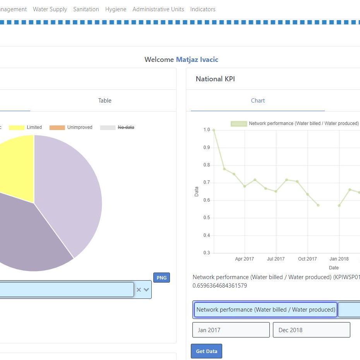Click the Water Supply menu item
[x=50, y=9]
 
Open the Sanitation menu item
[x=86, y=9]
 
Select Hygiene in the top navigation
[x=116, y=9]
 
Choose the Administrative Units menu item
[x=158, y=9]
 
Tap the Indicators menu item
[x=203, y=9]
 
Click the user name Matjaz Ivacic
[x=197, y=60]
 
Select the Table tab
[x=105, y=101]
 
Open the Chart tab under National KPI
[x=258, y=101]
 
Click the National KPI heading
[x=215, y=79]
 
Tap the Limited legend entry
[x=34, y=127]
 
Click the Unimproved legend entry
[x=80, y=127]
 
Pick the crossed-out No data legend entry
[x=126, y=127]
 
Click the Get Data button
[x=206, y=351]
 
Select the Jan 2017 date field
[x=231, y=330]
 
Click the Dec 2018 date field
[x=311, y=330]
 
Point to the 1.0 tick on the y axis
[x=206, y=130]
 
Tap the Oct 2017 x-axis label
[x=307, y=259]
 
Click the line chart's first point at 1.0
[x=214, y=130]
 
